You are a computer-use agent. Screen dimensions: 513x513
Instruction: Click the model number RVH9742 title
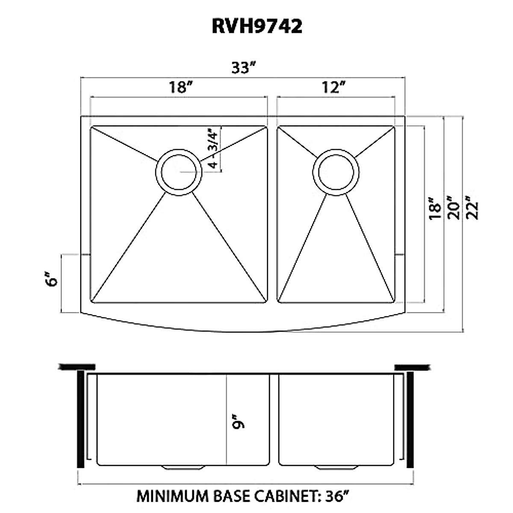[x=257, y=27]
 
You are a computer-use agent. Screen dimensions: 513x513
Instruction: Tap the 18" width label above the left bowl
[x=179, y=88]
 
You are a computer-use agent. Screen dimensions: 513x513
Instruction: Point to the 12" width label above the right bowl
[x=333, y=88]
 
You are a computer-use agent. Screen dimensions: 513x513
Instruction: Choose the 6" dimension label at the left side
[x=52, y=281]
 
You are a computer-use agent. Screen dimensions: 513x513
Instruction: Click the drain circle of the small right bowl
[x=336, y=172]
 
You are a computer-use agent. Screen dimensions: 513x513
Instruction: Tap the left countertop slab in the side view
[x=77, y=367]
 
